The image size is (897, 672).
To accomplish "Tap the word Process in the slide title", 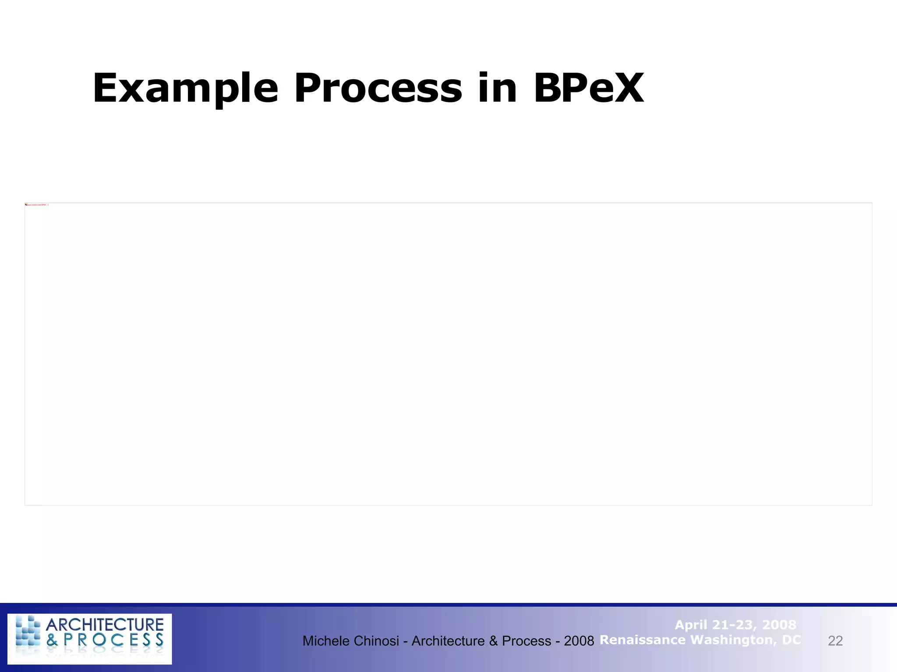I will [378, 88].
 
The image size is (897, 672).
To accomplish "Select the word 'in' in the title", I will [498, 88].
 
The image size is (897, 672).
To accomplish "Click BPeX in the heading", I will [589, 88].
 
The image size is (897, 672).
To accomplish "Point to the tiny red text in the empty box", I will [37, 205].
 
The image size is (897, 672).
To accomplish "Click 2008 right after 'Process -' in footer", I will [579, 641].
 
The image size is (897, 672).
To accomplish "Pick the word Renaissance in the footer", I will [642, 640].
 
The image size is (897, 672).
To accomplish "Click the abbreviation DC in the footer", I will [791, 640].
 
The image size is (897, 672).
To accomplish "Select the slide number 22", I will [835, 641].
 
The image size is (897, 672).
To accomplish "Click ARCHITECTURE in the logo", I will [105, 625].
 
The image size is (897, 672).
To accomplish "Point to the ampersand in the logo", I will [52, 640].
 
